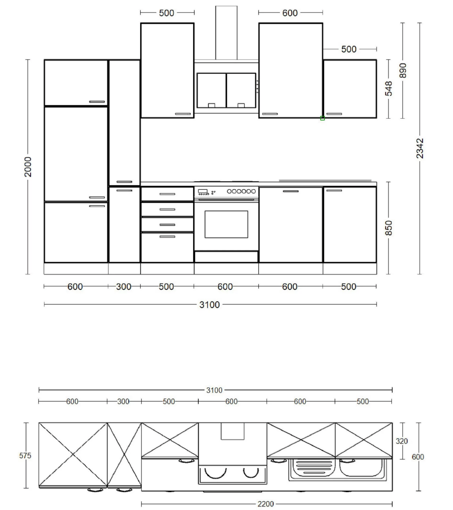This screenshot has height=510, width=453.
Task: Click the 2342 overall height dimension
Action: [x=420, y=148]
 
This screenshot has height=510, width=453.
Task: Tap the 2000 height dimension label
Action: [x=28, y=167]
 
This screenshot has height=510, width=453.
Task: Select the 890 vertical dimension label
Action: [x=403, y=71]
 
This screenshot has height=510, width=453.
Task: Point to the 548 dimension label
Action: [x=388, y=89]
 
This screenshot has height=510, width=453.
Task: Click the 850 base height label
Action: [x=388, y=228]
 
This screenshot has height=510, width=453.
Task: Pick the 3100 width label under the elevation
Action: [x=209, y=305]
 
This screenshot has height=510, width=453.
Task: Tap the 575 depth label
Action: [x=25, y=455]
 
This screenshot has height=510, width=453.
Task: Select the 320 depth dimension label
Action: [x=401, y=441]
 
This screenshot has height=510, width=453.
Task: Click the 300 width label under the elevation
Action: [x=123, y=287]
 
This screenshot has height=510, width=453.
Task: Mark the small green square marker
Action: [x=322, y=118]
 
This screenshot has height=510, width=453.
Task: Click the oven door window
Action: [x=226, y=224]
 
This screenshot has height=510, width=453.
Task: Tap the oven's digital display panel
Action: [x=203, y=191]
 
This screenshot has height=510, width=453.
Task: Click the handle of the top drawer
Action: [x=167, y=194]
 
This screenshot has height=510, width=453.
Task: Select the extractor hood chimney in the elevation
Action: [x=226, y=33]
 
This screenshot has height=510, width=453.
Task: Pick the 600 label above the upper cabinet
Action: [x=290, y=13]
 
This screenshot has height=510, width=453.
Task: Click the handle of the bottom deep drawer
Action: [x=167, y=236]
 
